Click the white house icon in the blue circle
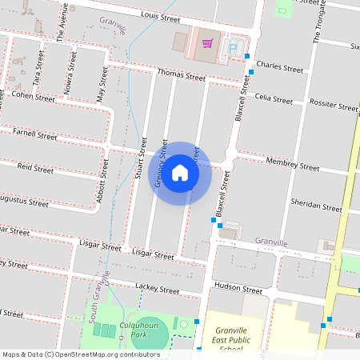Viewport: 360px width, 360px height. click(180, 173)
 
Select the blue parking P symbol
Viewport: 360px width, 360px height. click(233, 49)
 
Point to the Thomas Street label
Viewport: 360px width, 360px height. click(182, 75)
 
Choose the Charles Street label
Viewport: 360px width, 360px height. click(280, 68)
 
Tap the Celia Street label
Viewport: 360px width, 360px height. click(274, 99)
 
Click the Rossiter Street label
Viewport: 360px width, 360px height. click(334, 106)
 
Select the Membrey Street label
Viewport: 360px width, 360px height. click(293, 166)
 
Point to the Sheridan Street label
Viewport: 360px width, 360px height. click(317, 205)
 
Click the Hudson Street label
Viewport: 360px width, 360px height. click(238, 289)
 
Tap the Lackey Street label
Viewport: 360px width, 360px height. click(157, 288)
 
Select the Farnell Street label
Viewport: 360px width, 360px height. click(35, 134)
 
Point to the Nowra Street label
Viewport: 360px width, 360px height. click(70, 70)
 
